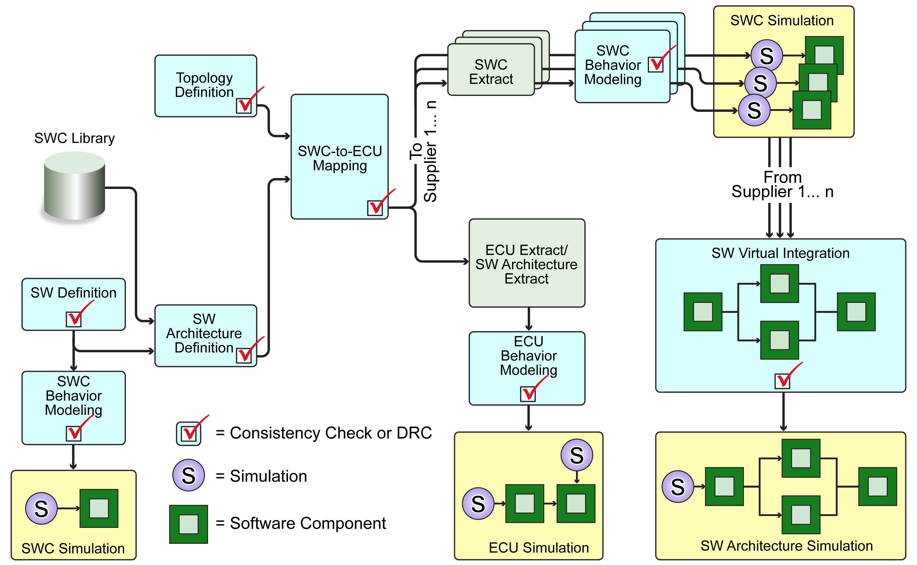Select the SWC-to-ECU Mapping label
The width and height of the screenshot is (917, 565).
coord(340,158)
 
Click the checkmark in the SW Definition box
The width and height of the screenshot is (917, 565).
coord(74,319)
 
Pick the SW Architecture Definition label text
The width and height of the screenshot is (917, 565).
coord(204,333)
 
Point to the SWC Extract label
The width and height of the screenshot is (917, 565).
coord(491,72)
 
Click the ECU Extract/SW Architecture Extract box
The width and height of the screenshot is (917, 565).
coord(527,263)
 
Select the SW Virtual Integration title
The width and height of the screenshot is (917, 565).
coord(780,253)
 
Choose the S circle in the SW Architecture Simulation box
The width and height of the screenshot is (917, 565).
coord(678,486)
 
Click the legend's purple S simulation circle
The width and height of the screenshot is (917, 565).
coord(189,475)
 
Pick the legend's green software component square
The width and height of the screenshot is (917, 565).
coord(189,524)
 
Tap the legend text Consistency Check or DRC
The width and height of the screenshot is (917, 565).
coord(331,433)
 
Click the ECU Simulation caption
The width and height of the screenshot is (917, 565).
coord(538,548)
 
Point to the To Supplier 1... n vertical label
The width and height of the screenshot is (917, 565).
coord(424,151)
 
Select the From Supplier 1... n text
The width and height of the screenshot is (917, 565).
coord(782,184)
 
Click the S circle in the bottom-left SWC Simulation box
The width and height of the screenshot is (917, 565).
coord(41,508)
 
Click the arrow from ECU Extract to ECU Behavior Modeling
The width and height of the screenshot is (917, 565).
coord(528,319)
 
